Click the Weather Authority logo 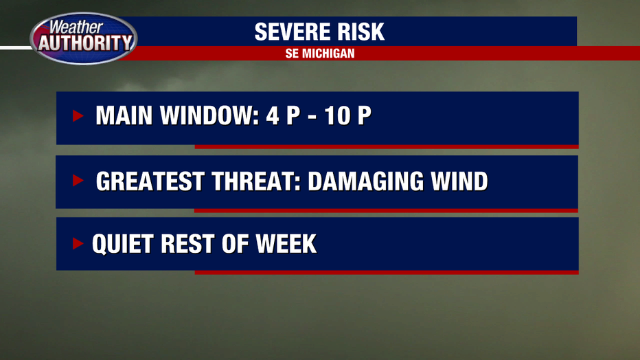(84, 38)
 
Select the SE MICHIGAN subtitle (320, 54)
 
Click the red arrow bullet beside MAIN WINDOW (78, 116)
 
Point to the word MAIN (124, 115)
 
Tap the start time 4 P (284, 115)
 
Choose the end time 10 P (347, 115)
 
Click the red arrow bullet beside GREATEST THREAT (78, 180)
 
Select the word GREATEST (150, 181)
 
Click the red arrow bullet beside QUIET (78, 243)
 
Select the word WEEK (286, 244)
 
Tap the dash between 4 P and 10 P (312, 117)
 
